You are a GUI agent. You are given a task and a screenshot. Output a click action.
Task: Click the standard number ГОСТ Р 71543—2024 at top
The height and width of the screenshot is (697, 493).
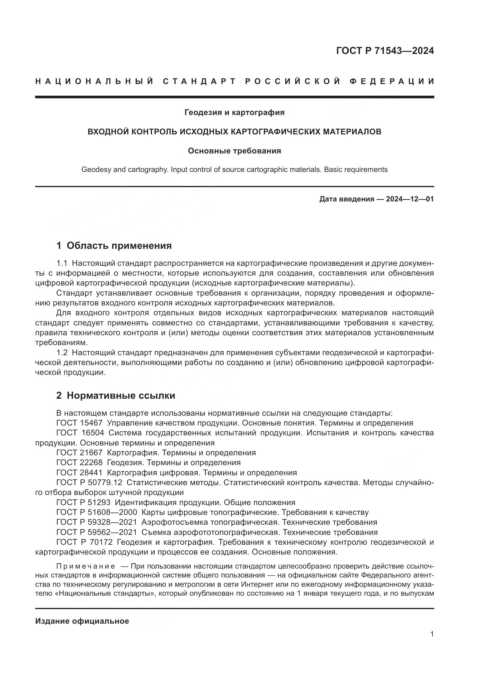click(x=385, y=51)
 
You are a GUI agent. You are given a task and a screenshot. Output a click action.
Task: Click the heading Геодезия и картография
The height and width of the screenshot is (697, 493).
click(x=234, y=113)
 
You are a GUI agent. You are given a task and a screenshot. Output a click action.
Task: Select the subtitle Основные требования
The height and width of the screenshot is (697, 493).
click(x=234, y=151)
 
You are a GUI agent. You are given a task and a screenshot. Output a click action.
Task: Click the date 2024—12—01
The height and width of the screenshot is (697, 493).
click(x=410, y=199)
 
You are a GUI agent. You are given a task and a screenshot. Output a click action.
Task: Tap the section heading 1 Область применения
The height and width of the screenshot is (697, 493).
click(x=114, y=246)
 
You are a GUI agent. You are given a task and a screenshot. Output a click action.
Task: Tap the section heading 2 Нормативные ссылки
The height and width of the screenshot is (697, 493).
click(x=116, y=395)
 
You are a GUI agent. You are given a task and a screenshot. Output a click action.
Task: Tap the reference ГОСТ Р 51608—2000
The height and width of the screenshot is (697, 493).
click(x=97, y=513)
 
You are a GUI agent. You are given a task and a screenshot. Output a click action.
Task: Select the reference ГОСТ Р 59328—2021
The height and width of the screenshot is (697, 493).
click(x=97, y=522)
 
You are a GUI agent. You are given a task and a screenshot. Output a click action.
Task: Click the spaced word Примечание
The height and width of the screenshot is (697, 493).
click(x=86, y=566)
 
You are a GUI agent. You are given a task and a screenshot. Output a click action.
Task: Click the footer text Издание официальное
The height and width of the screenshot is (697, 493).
click(x=82, y=621)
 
